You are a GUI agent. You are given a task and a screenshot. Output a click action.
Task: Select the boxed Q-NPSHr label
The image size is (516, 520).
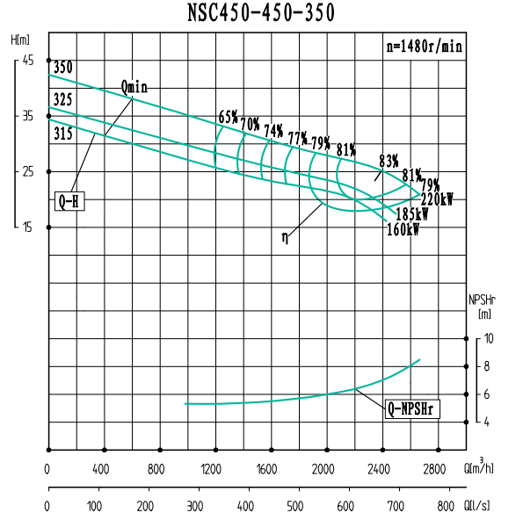[x=412, y=408]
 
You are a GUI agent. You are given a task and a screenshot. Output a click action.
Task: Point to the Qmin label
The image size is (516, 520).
[x=134, y=87]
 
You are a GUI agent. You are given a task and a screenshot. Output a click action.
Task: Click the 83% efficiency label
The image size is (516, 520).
[x=389, y=161]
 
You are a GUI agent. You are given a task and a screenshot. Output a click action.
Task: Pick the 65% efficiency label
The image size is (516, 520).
[x=229, y=118]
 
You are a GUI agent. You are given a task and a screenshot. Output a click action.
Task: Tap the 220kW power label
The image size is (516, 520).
[x=437, y=199]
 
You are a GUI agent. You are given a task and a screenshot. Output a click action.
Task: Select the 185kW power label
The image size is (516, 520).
[x=412, y=214]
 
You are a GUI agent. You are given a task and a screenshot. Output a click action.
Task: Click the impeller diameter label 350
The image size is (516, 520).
[x=63, y=68]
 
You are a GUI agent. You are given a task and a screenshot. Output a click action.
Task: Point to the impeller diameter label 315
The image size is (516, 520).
[x=62, y=134]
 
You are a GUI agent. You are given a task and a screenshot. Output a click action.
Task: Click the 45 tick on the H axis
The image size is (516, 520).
[x=27, y=60]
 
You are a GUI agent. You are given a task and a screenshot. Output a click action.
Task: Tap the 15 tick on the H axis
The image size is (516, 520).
[x=27, y=227]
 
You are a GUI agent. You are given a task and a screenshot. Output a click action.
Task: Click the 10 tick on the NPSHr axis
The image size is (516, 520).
[x=489, y=339]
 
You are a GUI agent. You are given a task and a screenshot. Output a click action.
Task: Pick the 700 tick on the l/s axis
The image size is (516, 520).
[x=397, y=507]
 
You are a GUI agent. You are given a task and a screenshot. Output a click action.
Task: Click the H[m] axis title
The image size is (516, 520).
[x=21, y=40]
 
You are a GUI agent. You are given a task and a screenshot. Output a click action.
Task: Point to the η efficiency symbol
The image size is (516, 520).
[x=286, y=236]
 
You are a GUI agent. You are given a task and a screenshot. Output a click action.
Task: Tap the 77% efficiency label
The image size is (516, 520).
[x=297, y=138]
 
